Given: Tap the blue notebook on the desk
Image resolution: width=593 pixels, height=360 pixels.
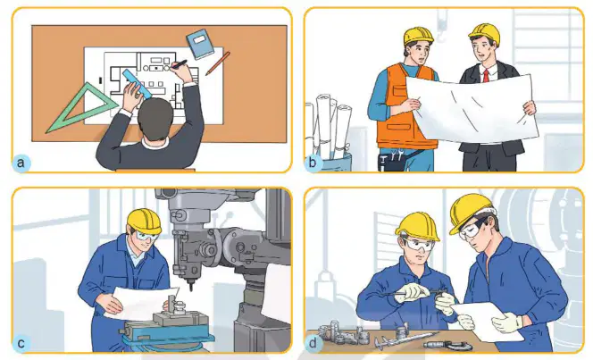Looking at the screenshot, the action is pos(200,44).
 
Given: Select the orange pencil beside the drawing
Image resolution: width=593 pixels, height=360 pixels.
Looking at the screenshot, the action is pos(217,63).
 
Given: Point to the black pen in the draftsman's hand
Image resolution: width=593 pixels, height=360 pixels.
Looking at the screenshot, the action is pos(179,64).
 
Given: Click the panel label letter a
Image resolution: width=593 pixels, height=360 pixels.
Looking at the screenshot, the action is pos(21,163).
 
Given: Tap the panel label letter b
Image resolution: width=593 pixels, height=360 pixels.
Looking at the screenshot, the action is pos(313,163).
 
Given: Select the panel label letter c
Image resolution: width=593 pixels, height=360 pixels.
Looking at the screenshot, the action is pos(21,343).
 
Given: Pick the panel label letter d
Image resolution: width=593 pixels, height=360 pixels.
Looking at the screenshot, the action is pos(313,343).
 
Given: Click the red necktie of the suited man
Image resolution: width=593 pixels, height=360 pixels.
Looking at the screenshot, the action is pos(486,77).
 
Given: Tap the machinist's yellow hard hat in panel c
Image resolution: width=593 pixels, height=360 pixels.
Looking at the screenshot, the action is pos(145,221).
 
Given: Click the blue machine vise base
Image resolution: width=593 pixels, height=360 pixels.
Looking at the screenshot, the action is pos(166,333).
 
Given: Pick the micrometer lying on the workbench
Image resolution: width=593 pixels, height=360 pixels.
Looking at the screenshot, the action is pos(447,345).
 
